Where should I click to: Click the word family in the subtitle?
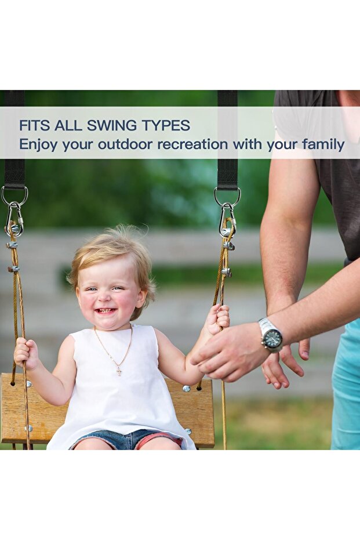pyautogui.click(x=323, y=144)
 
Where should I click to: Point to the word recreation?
pyautogui.click(x=192, y=144)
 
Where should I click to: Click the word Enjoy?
pyautogui.click(x=38, y=144)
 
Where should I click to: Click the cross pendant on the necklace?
pyautogui.click(x=119, y=371)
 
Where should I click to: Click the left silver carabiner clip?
pyautogui.click(x=14, y=220)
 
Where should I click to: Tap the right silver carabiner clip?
pyautogui.click(x=228, y=221)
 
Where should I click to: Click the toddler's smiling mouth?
pyautogui.click(x=106, y=311)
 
